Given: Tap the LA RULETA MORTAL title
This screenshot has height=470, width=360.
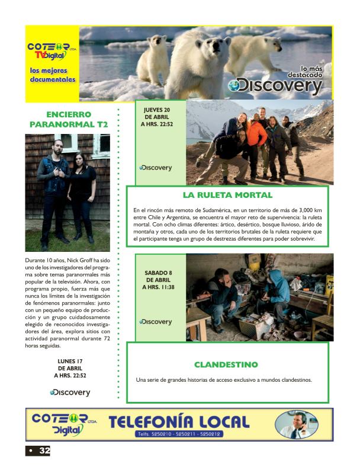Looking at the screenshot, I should pos(227,194).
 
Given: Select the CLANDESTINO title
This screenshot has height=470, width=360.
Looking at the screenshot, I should pos(226,365).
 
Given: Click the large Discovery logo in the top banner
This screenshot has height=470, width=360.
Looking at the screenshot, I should pos(277,85).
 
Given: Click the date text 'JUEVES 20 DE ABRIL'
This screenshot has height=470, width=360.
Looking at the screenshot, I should pos(157,113).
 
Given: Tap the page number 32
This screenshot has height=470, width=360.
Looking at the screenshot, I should pos(44,451).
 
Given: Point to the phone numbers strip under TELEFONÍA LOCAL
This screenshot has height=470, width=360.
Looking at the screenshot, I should pos(179,434).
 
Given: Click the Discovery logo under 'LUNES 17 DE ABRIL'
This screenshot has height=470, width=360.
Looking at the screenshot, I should pos(70,392).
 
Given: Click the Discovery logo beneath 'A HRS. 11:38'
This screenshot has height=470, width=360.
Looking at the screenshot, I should pos(156,322).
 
